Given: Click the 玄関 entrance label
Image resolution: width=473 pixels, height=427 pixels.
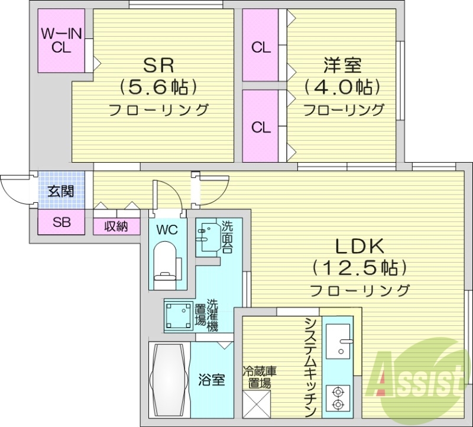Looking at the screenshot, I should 61,192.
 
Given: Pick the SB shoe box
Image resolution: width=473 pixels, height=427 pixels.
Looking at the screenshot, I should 61,222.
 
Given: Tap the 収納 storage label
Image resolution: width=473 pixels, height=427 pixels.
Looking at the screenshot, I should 116,226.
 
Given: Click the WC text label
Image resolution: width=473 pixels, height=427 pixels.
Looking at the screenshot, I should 166,229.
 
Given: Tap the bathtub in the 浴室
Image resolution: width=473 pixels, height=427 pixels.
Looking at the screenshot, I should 169,378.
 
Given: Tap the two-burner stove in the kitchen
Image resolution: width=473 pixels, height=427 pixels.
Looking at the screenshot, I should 338,397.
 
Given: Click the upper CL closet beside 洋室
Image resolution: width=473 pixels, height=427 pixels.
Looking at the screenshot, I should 260,47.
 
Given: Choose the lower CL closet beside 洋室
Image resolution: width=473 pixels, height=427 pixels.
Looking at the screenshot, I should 260,126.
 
